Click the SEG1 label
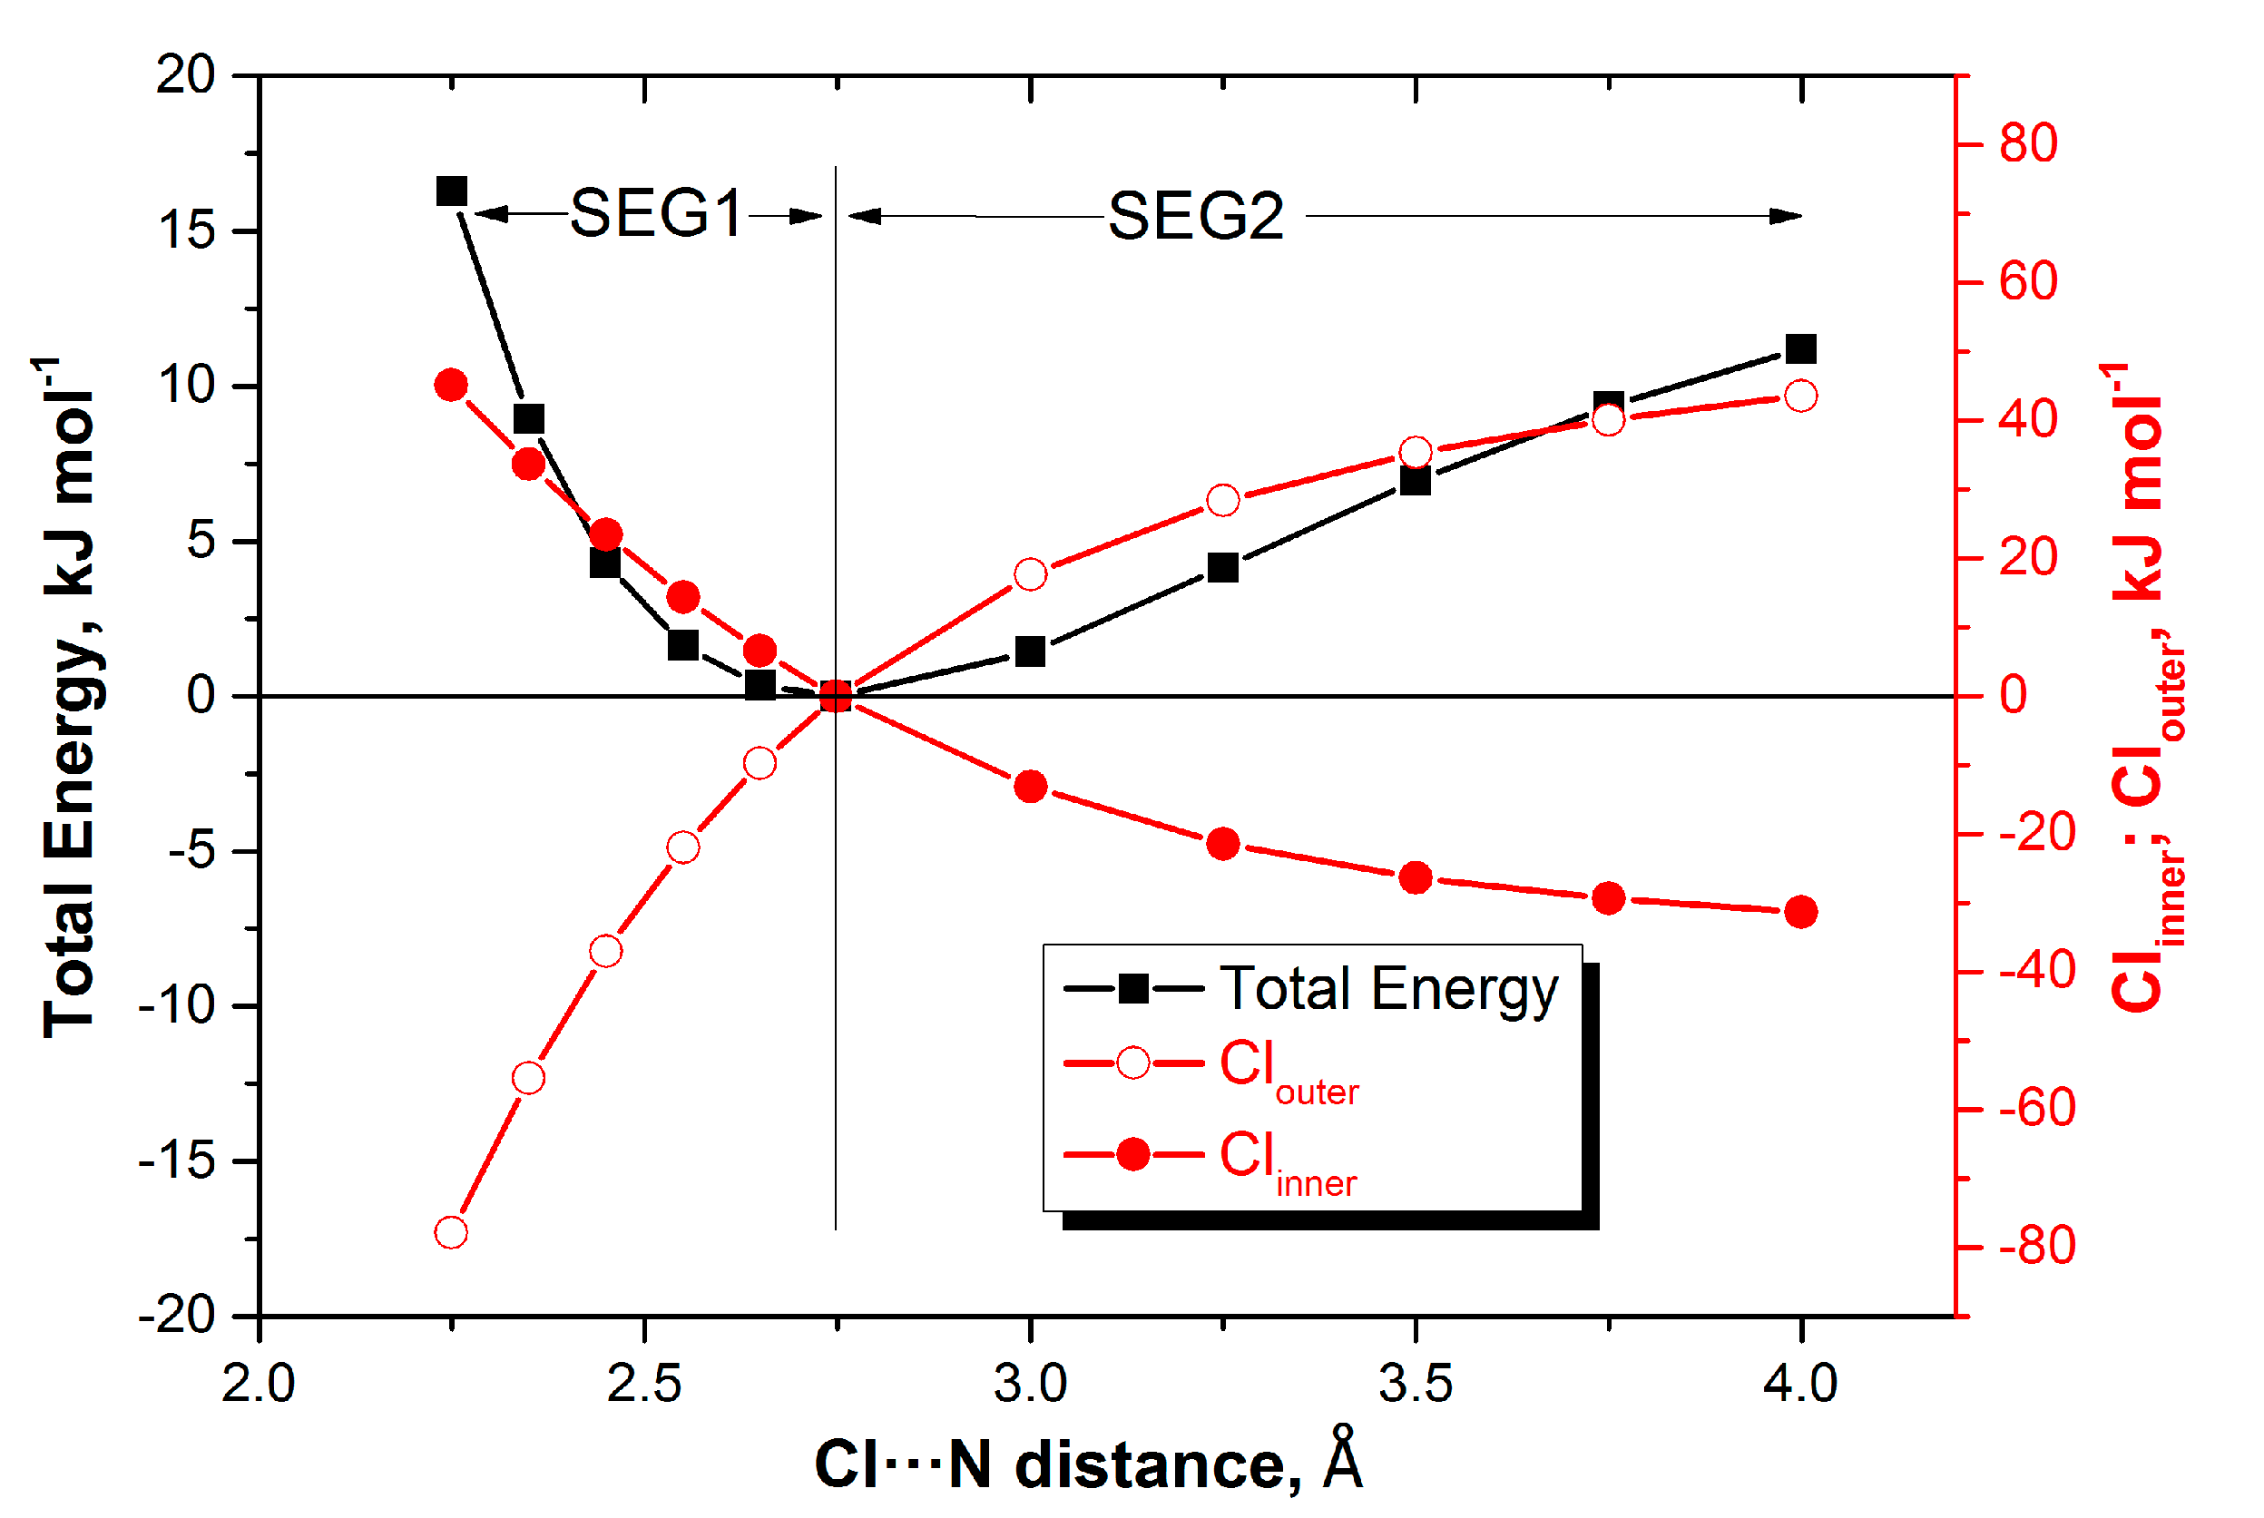pyautogui.click(x=655, y=213)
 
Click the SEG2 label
pyautogui.click(x=1195, y=215)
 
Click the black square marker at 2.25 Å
pyautogui.click(x=451, y=191)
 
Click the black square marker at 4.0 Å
pyautogui.click(x=1800, y=348)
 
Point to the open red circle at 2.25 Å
pyautogui.click(x=451, y=1233)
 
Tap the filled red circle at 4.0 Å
pyautogui.click(x=1800, y=912)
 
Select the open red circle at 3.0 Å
pyautogui.click(x=1031, y=574)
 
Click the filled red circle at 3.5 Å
pyautogui.click(x=1416, y=878)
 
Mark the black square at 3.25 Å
pyautogui.click(x=1223, y=567)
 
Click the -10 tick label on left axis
pyautogui.click(x=176, y=1007)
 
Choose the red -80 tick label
pyautogui.click(x=2036, y=1247)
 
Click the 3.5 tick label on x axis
pyautogui.click(x=1416, y=1384)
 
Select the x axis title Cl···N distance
pyautogui.click(x=1088, y=1464)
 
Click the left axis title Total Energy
pyautogui.click(x=70, y=697)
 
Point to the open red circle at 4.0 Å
pyautogui.click(x=1800, y=396)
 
